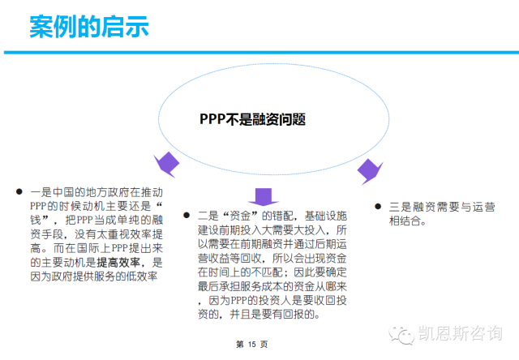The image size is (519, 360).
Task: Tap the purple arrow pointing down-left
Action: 167,163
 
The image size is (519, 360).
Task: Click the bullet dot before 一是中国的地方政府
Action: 19,191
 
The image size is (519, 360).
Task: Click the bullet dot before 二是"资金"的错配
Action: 186,216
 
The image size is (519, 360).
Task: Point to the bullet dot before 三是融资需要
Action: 378,206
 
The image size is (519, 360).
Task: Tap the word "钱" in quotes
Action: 45,220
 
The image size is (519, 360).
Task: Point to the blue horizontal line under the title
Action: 259,53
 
